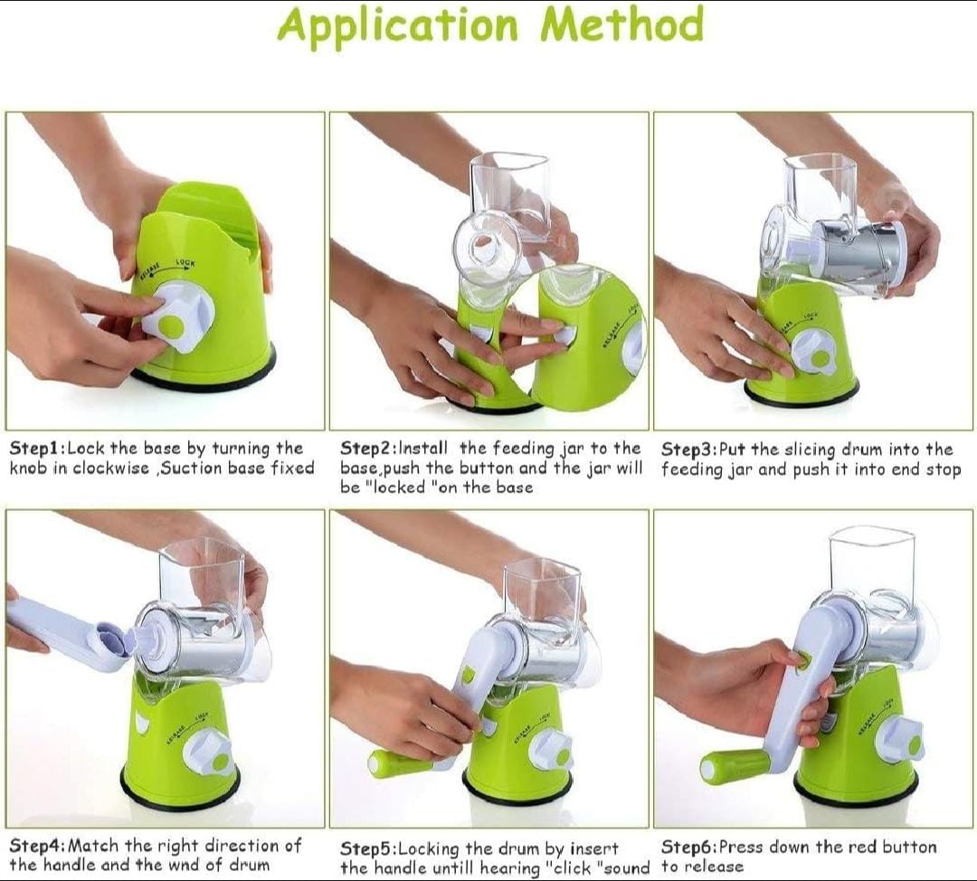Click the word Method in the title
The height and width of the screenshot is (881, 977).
click(x=621, y=25)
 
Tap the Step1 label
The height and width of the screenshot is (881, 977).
click(x=35, y=449)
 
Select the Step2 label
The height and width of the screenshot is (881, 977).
click(x=366, y=449)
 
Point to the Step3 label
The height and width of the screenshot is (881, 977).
click(x=688, y=450)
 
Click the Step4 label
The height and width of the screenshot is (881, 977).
click(x=35, y=846)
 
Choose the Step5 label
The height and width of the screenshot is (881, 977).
click(x=366, y=848)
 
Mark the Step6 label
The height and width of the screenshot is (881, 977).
click(x=688, y=848)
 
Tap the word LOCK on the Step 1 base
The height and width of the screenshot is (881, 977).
click(x=185, y=263)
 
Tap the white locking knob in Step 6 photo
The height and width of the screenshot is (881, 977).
click(x=898, y=740)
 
